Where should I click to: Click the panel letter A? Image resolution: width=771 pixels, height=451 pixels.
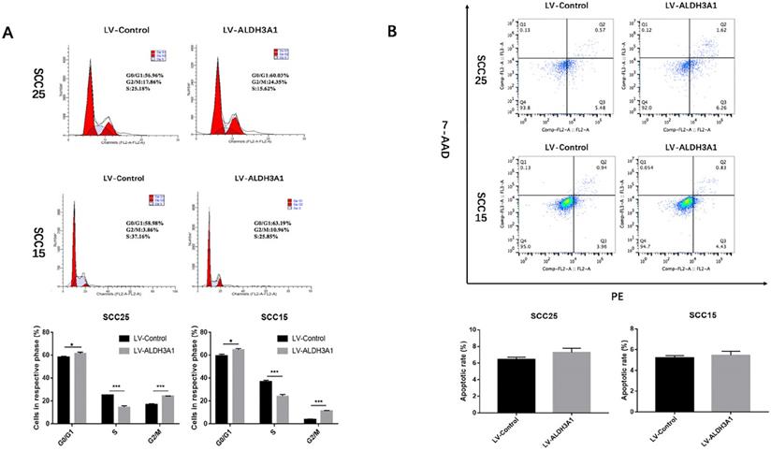(8, 34)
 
